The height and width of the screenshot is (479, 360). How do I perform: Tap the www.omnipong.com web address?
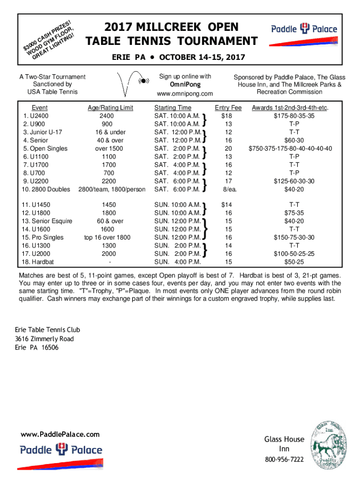185,94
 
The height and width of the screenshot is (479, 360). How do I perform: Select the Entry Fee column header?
228,108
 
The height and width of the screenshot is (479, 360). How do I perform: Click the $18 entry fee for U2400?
227,116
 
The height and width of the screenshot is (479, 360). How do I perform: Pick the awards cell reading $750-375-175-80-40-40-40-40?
291,148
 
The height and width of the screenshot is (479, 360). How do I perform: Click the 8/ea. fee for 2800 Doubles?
228,189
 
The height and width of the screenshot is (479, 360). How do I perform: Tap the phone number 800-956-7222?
284,459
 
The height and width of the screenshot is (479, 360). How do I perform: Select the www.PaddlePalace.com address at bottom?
60,434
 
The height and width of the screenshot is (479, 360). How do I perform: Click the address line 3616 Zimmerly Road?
44,339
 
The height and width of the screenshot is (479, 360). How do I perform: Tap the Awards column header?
290,108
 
